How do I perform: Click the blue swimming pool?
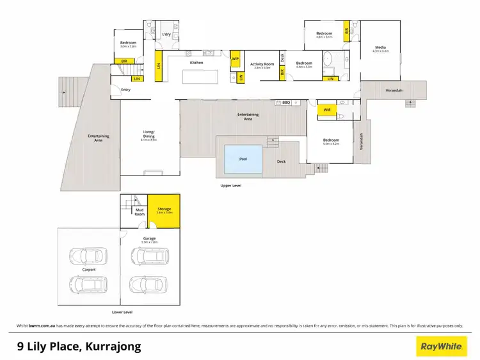(x=243, y=160)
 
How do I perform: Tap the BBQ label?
(x=286, y=102)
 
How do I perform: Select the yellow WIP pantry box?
(x=235, y=58)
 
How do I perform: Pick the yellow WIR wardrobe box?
(x=326, y=110)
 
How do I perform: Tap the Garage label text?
(x=150, y=239)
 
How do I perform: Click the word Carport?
(x=88, y=270)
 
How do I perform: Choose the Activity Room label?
(x=261, y=64)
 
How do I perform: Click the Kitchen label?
(x=196, y=62)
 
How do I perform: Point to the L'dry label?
(x=166, y=34)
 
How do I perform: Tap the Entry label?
(x=126, y=90)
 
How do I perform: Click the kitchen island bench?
(x=200, y=77)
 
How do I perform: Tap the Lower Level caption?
(x=122, y=312)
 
